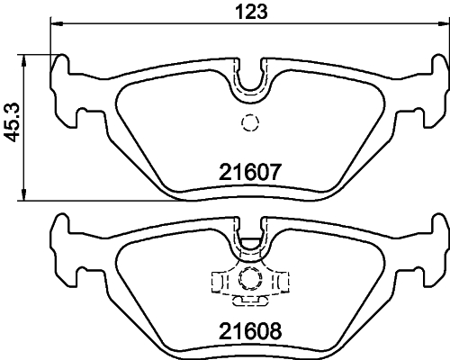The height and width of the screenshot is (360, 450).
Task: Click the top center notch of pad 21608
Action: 251,236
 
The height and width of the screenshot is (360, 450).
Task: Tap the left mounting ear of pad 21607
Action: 64,90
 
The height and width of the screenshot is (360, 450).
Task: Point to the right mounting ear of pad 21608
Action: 438,247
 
